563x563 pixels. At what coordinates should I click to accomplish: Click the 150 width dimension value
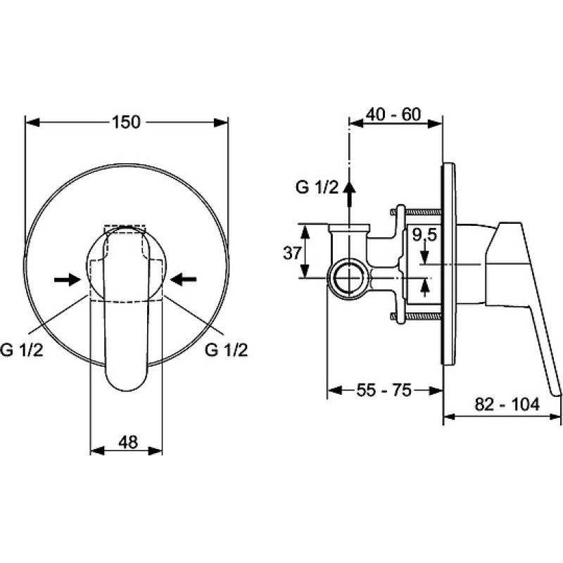[127, 122]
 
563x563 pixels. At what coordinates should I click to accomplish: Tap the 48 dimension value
[128, 442]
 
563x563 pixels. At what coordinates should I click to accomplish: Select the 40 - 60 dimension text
[393, 115]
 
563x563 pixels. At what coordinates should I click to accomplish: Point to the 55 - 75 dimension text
[384, 390]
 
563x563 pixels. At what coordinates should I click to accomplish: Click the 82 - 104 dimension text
[507, 404]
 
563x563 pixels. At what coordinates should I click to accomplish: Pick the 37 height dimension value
[292, 253]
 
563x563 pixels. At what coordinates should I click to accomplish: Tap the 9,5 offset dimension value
[424, 235]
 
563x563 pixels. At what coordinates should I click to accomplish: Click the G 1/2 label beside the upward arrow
[317, 187]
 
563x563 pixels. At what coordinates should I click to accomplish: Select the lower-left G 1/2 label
[22, 349]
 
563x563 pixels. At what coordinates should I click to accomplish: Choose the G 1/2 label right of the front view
[226, 349]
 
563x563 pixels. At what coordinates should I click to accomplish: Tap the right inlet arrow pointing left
[183, 279]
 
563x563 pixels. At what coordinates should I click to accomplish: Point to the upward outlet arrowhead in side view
[348, 187]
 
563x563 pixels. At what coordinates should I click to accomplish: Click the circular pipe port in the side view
[348, 279]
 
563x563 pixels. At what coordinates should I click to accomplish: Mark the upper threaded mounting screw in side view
[417, 213]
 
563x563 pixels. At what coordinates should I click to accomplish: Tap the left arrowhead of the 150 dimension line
[32, 122]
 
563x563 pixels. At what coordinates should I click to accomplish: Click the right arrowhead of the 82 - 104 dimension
[555, 417]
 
